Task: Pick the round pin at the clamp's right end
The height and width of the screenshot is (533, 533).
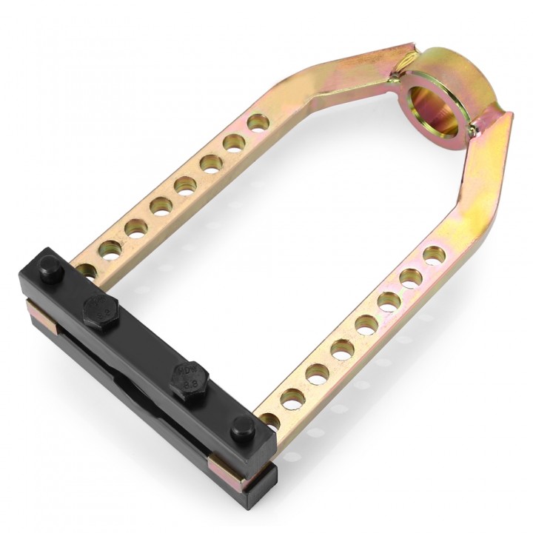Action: (x=242, y=427)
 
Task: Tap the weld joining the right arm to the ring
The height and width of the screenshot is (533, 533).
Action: (x=474, y=130)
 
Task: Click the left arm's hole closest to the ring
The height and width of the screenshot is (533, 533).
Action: (x=257, y=122)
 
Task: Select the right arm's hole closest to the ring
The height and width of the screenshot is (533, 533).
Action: (x=434, y=255)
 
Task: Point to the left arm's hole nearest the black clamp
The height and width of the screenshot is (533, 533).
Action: (x=87, y=272)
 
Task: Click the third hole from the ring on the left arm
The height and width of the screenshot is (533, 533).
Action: (x=212, y=164)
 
